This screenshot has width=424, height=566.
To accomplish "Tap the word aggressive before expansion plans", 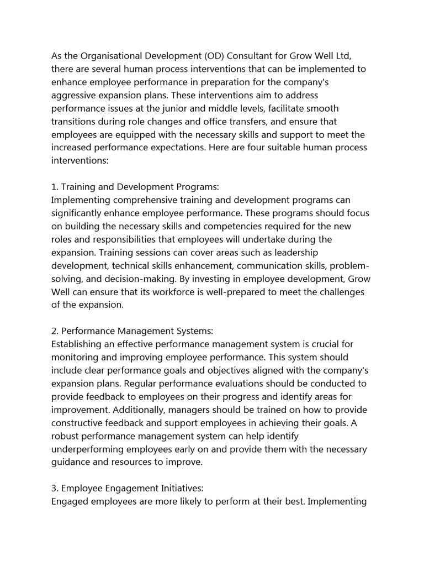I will click(72, 95).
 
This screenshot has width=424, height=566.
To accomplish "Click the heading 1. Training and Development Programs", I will click(135, 187).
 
